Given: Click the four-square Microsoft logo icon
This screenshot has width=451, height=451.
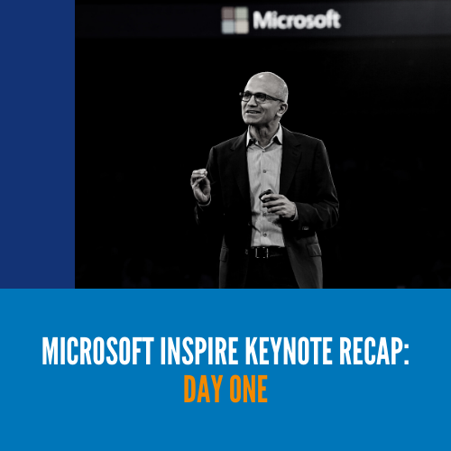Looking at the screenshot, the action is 235,20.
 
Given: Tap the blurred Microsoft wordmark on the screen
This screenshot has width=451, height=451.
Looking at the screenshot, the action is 297,20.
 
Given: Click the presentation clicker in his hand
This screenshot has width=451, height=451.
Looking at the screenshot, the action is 266,195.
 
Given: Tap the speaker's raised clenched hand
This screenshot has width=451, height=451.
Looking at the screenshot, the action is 200,186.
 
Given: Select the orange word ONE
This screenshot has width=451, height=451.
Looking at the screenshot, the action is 248,389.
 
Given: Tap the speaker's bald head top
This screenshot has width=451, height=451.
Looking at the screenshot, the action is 268,78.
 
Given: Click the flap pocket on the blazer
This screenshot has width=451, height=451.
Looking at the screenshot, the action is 313,250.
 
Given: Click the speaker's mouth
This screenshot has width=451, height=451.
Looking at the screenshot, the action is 252,113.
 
